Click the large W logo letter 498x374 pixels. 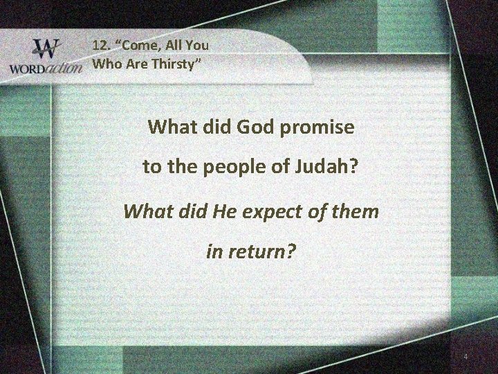pos(46,50)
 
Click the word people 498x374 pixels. pos(223,168)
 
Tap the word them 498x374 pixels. pos(354,210)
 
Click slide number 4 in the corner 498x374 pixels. pos(465,356)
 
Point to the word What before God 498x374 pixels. pos(171,128)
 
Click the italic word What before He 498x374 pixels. pos(146,210)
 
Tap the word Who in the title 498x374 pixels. pos(105,64)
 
